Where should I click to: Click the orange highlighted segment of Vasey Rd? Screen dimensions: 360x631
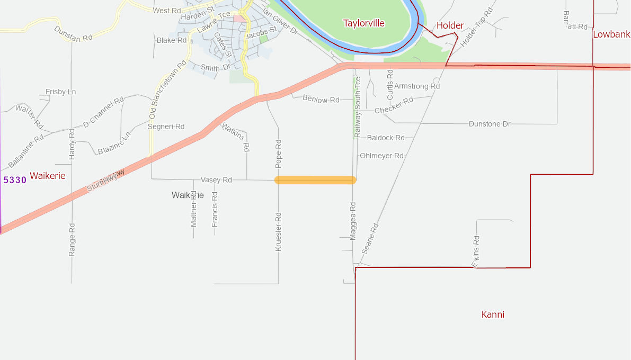[315, 180]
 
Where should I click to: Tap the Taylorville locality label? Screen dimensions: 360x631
[363, 23]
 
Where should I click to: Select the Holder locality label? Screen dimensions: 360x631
[450, 25]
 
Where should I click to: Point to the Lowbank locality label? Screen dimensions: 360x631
[611, 34]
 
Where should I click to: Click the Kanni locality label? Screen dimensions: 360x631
[493, 314]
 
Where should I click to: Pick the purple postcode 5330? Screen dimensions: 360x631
[15, 180]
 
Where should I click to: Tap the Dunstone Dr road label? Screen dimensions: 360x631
[490, 124]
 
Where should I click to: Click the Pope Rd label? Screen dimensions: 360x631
[279, 151]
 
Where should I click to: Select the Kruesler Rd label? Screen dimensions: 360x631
[279, 231]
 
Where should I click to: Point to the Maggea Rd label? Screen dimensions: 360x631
[353, 220]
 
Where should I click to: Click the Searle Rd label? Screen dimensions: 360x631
[370, 238]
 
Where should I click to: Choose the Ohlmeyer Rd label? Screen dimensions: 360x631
[381, 156]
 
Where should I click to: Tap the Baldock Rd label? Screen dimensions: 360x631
[385, 138]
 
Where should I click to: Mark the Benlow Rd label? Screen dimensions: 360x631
[321, 99]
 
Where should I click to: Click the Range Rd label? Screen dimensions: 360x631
[72, 240]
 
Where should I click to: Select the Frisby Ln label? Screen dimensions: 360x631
[60, 92]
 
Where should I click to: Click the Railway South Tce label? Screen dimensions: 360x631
[358, 107]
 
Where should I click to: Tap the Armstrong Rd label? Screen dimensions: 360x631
[417, 86]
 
